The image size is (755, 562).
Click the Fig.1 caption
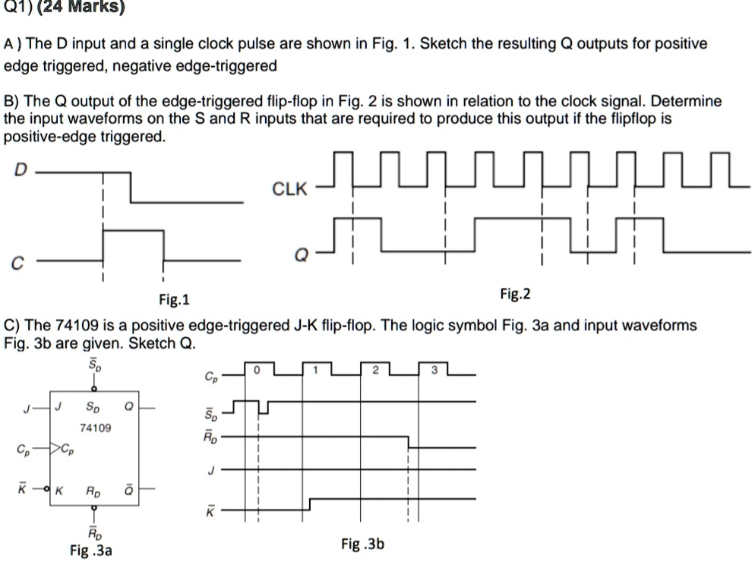click(175, 299)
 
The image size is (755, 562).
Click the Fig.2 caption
click(515, 293)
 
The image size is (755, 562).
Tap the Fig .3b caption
click(363, 544)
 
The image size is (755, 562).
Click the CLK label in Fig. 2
click(291, 190)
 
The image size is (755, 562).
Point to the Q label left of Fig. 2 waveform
click(301, 256)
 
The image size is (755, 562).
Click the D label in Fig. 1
click(21, 172)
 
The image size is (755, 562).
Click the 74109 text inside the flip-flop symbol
click(96, 428)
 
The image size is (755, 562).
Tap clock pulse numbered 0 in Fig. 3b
click(257, 370)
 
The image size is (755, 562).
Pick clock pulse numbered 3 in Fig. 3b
click(434, 370)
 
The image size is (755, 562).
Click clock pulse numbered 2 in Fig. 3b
click(374, 370)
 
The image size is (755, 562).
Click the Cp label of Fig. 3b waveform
click(210, 376)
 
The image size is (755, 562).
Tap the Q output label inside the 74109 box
click(128, 407)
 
